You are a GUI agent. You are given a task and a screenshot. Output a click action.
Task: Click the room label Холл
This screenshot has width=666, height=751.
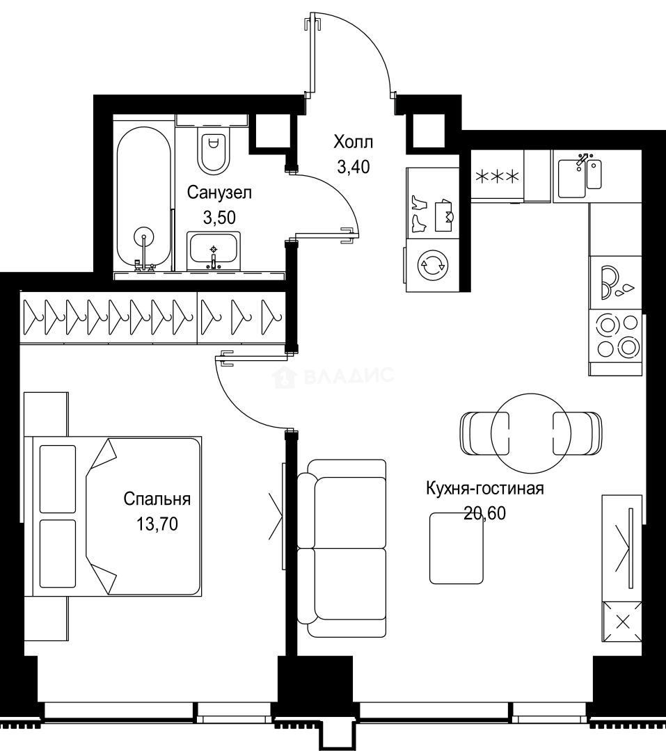tap(353, 143)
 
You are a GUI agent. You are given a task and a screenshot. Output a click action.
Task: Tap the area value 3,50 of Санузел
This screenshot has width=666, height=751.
tap(219, 218)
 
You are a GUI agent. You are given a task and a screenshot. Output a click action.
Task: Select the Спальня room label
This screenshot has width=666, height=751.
tap(157, 499)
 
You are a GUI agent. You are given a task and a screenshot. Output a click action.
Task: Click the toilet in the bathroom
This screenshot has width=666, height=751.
tap(213, 150)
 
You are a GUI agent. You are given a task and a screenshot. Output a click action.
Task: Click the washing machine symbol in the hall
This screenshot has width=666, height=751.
tap(431, 264)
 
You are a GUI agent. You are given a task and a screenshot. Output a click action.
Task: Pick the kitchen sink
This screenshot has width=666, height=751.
tap(580, 175)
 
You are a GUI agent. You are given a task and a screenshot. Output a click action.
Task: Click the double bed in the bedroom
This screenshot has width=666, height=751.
tap(115, 516)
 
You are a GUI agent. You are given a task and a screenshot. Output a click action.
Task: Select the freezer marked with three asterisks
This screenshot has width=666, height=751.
tap(497, 177)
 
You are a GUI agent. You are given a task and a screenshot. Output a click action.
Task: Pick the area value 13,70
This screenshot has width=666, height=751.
tap(157, 524)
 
